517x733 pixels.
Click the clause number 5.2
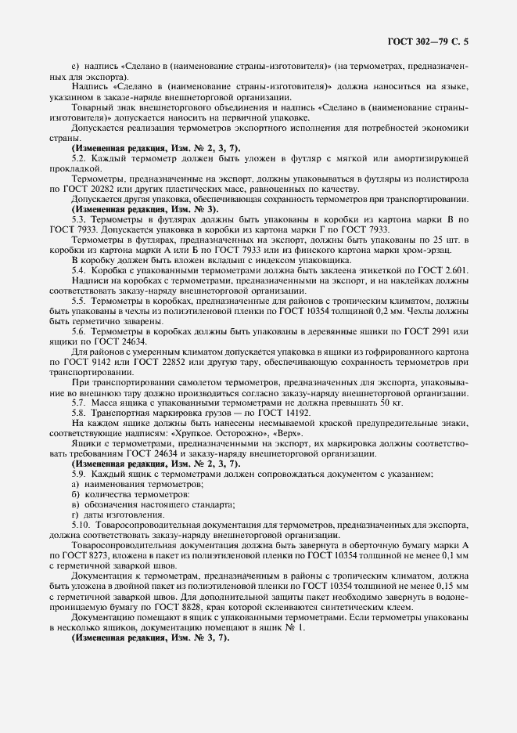click(x=78, y=159)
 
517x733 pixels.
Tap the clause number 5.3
click(x=78, y=220)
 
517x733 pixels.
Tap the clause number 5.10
click(x=80, y=526)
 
